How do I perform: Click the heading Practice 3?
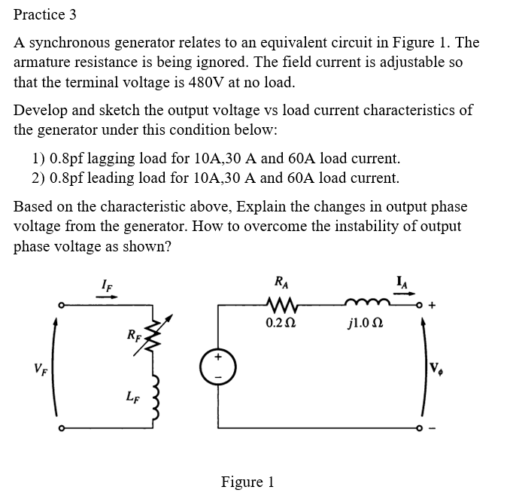[x=45, y=14]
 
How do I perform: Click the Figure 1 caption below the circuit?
[x=247, y=482]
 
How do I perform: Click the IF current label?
[x=108, y=283]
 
